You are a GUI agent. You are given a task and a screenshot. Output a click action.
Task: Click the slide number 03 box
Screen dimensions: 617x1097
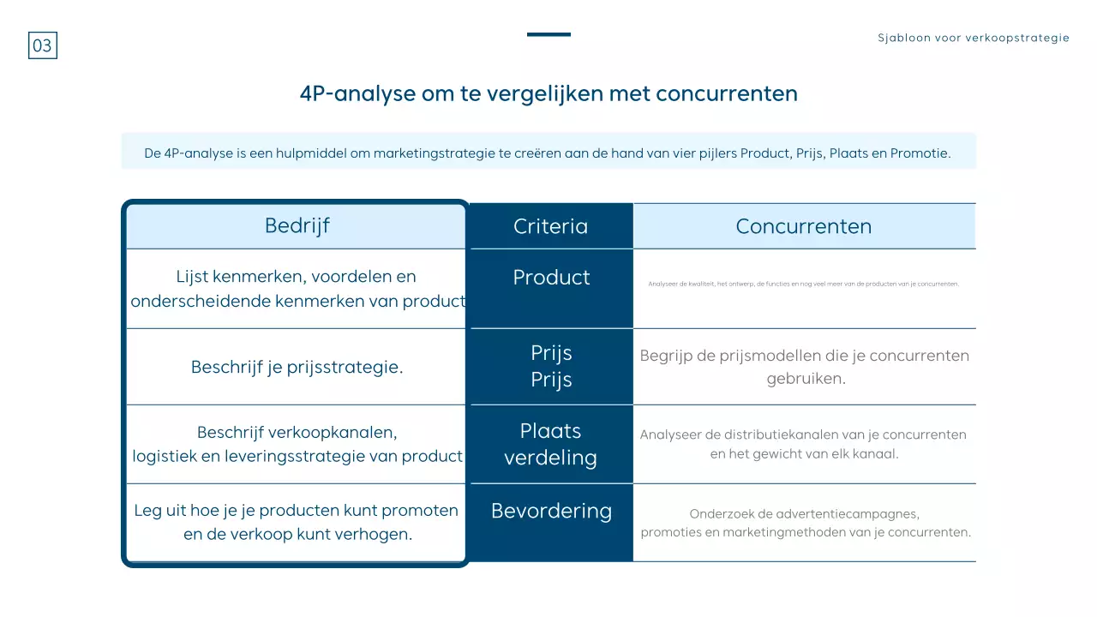point(43,45)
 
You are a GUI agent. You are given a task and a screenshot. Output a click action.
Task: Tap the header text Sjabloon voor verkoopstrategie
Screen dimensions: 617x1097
point(974,38)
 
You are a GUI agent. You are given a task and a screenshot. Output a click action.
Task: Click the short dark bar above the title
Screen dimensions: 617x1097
point(548,34)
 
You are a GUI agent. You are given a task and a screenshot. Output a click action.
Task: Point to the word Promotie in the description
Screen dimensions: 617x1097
point(920,154)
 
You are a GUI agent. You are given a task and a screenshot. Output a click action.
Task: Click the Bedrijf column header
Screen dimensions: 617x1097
point(297,225)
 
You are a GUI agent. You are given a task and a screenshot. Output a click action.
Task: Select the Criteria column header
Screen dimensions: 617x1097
point(550,226)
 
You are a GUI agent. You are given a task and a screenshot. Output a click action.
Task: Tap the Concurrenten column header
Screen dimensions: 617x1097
point(803,226)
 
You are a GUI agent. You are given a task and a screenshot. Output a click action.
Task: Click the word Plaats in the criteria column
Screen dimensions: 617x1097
point(550,431)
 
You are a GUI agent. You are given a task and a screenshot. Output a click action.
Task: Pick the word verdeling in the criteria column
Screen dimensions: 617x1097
point(550,458)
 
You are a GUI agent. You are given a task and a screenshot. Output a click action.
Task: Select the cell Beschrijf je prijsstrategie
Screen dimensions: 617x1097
point(297,368)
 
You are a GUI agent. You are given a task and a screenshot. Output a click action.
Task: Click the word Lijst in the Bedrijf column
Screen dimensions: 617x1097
point(192,277)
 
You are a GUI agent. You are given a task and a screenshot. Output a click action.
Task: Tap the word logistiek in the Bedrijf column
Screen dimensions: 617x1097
point(165,457)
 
